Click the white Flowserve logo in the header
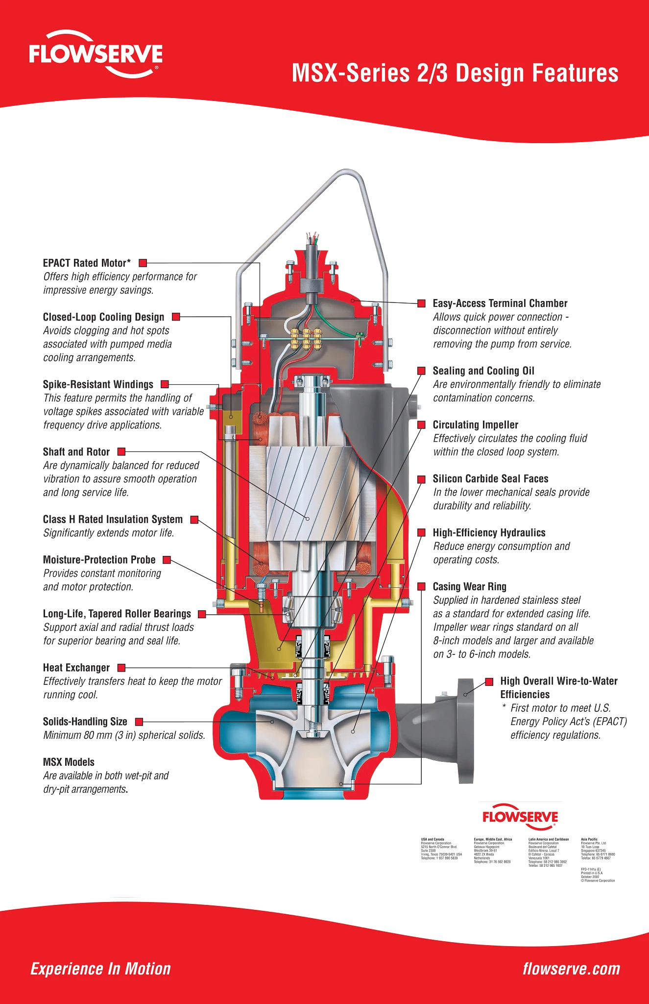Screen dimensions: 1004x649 96,54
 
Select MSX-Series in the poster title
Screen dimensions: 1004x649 351,74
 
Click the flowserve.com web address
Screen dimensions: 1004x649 571,969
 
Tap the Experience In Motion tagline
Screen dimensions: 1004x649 100,969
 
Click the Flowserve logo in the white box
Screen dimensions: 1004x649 520,818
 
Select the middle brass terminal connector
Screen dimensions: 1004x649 307,338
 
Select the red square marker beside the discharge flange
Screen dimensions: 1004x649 489,682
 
